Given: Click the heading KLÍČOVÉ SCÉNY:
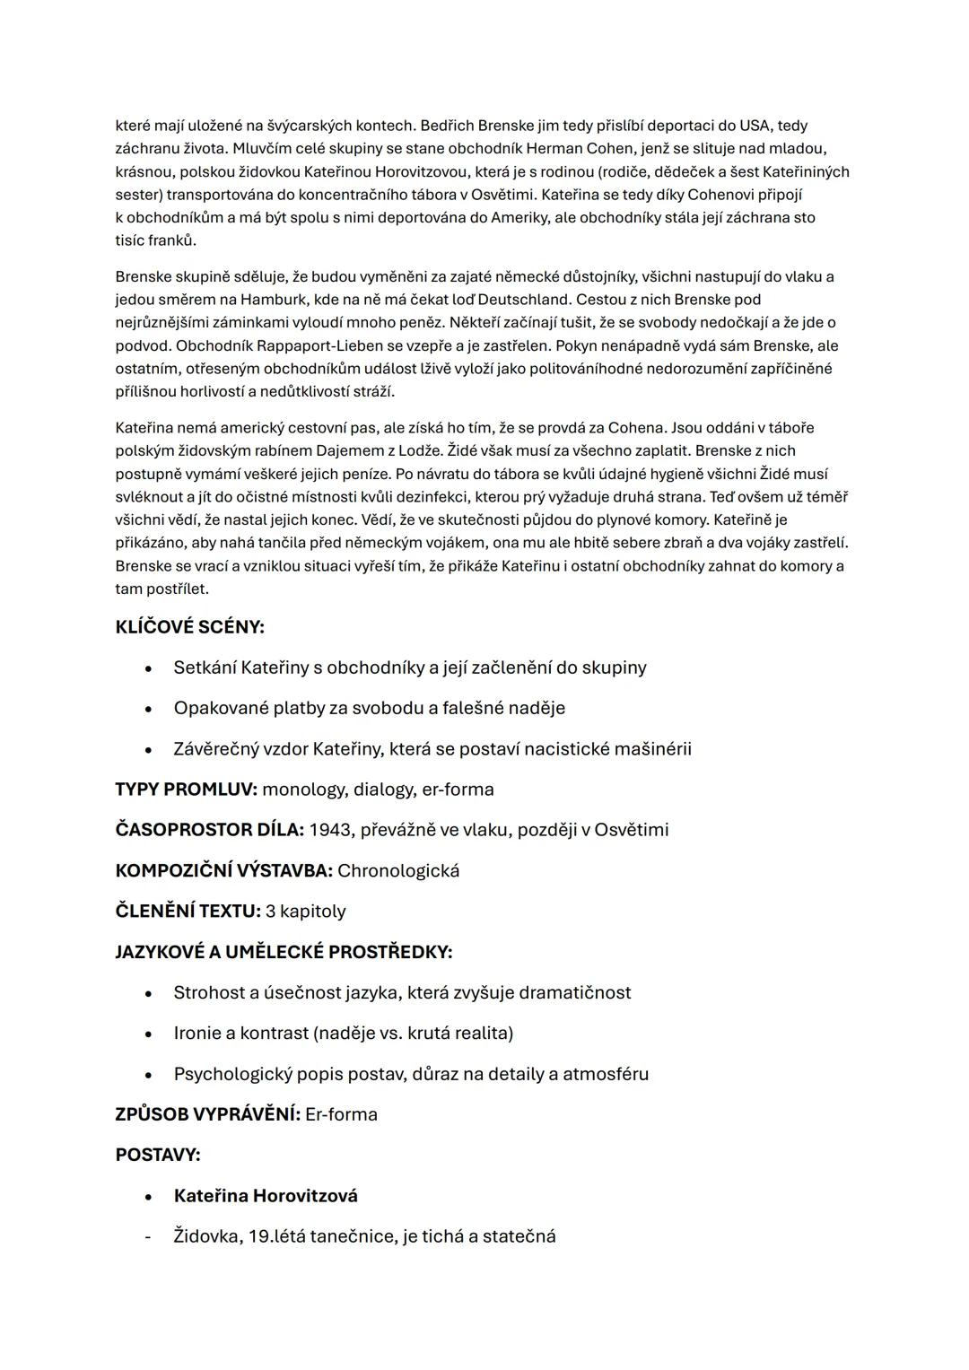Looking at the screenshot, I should (189, 627).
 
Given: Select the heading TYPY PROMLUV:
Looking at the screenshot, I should (186, 790).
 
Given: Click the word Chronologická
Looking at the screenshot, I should (398, 870).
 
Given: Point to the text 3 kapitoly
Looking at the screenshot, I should (305, 912).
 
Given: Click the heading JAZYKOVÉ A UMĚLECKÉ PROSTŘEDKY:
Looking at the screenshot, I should (284, 952).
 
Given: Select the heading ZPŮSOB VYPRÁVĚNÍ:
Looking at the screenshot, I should (207, 1114).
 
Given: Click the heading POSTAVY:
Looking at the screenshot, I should (158, 1155).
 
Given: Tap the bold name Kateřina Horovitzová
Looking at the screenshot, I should (266, 1196).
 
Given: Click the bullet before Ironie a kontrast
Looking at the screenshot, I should (148, 1034).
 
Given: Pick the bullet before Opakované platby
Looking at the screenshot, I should (148, 709).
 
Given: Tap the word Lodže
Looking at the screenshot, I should (419, 451).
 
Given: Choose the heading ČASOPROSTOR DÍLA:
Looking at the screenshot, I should (209, 830).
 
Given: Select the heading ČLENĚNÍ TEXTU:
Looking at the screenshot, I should (188, 912).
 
